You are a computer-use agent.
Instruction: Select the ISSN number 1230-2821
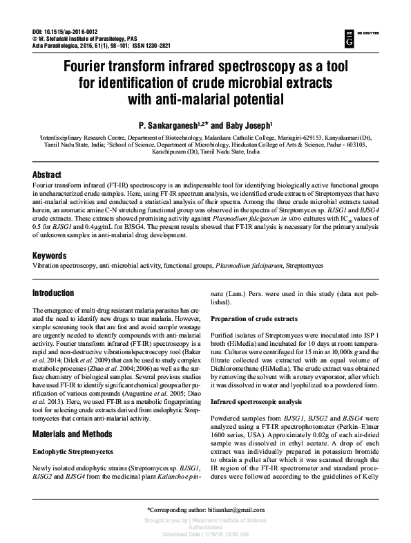click(156, 47)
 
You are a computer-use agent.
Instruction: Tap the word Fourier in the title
click(95, 69)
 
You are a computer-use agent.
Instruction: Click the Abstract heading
click(47, 176)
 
